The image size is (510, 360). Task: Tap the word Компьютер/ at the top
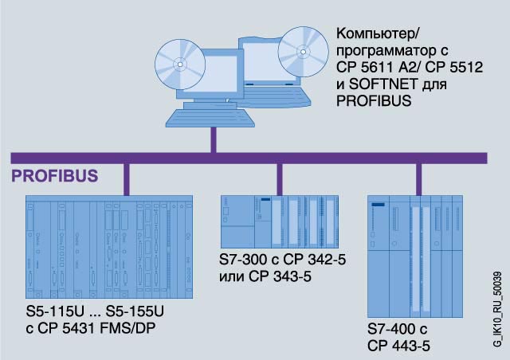pos(374,36)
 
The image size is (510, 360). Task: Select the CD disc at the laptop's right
pos(303,49)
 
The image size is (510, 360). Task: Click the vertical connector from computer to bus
pos(213,140)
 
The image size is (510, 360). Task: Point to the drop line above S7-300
pos(279,178)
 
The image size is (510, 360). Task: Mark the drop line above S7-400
pos(418,178)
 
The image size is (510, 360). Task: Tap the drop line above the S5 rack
pos(126,179)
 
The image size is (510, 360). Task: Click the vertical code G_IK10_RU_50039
pos(497,307)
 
